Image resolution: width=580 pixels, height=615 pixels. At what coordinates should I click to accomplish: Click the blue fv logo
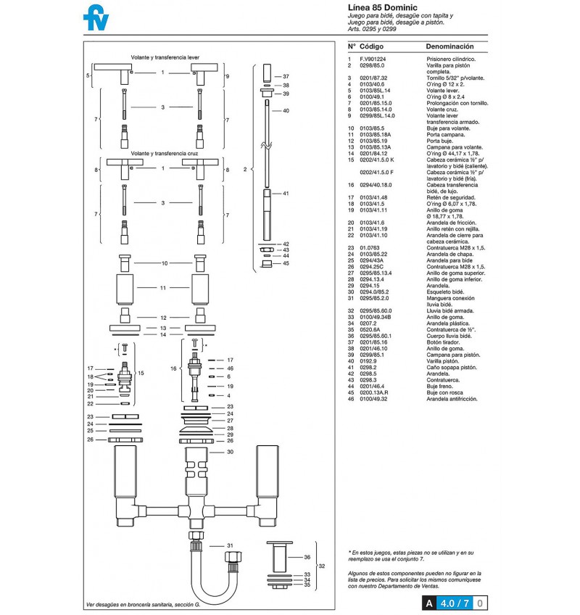96,17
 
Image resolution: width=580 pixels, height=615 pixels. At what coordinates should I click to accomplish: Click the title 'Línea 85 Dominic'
382,7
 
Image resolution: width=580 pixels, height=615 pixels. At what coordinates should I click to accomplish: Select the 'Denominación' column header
449,46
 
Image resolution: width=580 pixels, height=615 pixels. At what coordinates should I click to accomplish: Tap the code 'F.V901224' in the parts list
373,59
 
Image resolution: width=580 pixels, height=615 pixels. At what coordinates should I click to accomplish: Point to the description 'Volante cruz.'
442,110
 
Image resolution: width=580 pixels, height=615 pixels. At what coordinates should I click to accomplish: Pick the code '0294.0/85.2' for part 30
374,292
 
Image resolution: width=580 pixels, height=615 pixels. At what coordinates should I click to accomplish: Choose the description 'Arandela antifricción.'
452,399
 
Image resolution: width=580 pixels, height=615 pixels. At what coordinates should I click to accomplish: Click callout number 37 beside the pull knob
286,76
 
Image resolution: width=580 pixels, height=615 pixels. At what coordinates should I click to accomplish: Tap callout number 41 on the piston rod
286,194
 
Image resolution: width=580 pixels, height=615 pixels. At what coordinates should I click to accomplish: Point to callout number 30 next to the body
231,452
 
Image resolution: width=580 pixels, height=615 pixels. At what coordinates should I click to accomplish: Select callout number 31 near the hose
231,545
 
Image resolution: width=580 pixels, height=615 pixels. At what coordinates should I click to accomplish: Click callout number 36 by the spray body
307,557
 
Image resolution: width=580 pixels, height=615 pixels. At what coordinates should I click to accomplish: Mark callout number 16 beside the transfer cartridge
173,368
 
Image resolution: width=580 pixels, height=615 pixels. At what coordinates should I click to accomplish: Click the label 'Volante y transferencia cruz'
165,153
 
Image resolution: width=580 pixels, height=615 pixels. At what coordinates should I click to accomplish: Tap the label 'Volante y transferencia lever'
165,57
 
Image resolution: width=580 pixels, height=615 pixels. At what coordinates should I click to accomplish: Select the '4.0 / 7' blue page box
455,603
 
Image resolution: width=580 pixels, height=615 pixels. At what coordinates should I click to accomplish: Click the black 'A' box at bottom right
429,603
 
